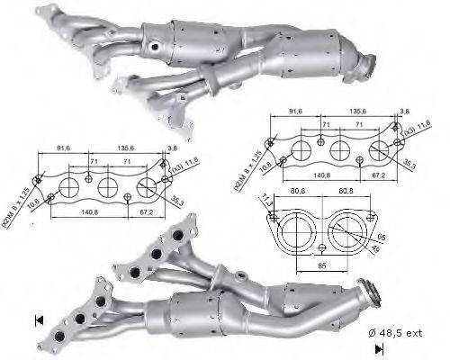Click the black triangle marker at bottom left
(x=38, y=319)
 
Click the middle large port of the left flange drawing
(x=106, y=188)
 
